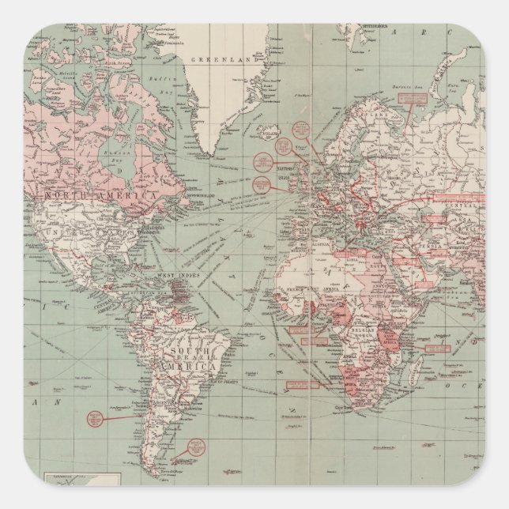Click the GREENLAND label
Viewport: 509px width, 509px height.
pyautogui.click(x=224, y=58)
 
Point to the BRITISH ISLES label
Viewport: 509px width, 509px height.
pyautogui.click(x=284, y=172)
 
